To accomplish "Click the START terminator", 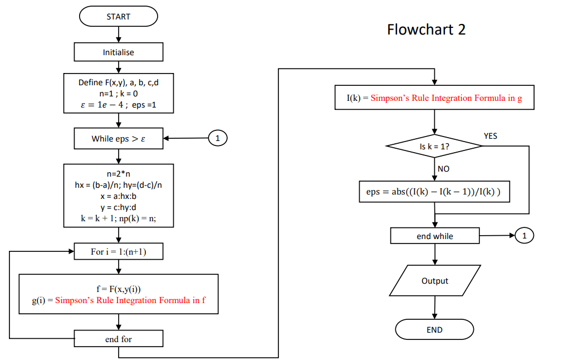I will coord(119,17).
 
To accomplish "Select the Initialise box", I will coord(119,52).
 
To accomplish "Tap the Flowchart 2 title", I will coord(426,30).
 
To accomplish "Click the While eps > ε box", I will coord(119,139).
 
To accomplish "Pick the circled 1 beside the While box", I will coord(218,138).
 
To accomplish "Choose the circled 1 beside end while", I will coord(524,236).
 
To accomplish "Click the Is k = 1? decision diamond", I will coord(434,147).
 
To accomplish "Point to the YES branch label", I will coord(491,136).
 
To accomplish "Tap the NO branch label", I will coord(443,169).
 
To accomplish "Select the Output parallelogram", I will coord(435,281).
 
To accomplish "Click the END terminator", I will coord(434,329).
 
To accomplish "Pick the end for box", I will coord(119,339).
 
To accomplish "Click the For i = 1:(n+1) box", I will coord(119,252).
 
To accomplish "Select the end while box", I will coord(435,236).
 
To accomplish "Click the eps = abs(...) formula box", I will coord(434,191).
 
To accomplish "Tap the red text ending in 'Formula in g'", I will coord(446,98).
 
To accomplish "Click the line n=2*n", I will coord(119,174).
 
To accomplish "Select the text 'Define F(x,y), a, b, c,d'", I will coord(119,82).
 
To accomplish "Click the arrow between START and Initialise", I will coord(119,35).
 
